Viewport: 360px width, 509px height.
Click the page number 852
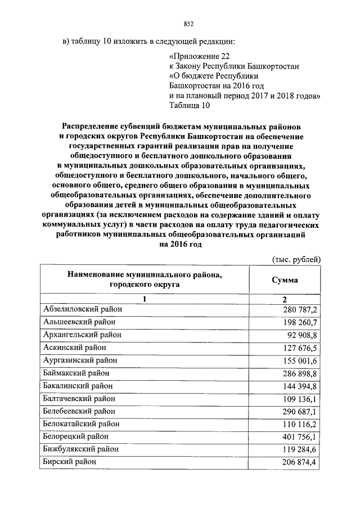click(x=188, y=24)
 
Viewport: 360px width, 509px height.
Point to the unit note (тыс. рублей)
click(x=296, y=259)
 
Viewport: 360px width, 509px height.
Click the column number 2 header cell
click(x=285, y=299)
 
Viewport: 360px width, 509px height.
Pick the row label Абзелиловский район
click(x=82, y=309)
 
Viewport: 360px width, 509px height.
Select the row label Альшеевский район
click(x=79, y=322)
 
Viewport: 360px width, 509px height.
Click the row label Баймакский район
click(x=76, y=373)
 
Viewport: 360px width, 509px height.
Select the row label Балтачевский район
click(x=79, y=399)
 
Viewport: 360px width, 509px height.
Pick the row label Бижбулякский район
click(x=80, y=449)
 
